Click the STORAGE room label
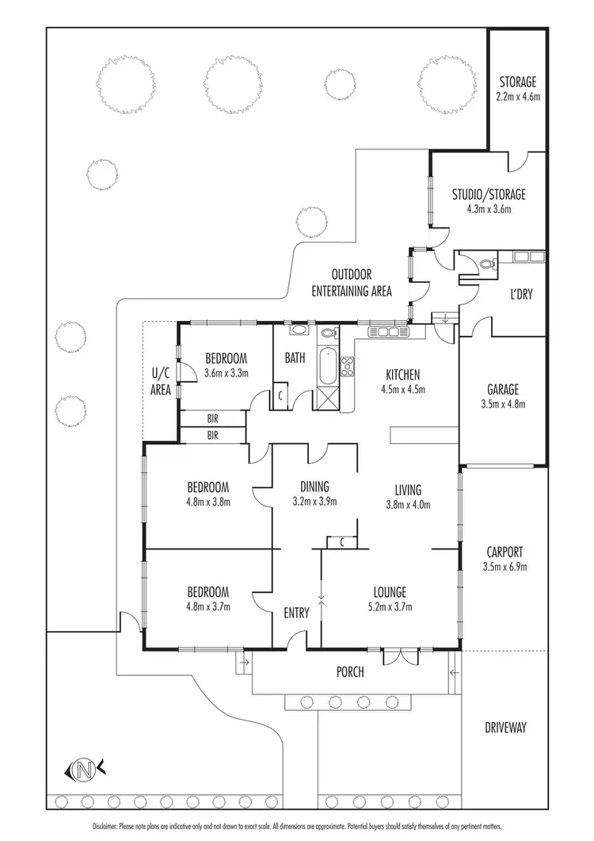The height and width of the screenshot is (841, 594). [x=517, y=82]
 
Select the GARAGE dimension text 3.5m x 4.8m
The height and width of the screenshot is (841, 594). [x=503, y=404]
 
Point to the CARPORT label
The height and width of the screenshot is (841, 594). [x=503, y=552]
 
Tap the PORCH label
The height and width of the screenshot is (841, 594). [x=350, y=672]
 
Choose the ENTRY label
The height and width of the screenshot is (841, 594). [x=296, y=612]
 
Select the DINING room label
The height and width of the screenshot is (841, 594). [x=314, y=487]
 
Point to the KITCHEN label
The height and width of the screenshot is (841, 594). [x=402, y=375]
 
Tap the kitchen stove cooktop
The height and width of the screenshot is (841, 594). [x=347, y=366]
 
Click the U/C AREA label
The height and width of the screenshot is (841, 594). [x=161, y=381]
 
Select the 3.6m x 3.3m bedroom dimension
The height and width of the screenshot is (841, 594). [x=227, y=373]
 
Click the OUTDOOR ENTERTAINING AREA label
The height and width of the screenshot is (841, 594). [x=352, y=283]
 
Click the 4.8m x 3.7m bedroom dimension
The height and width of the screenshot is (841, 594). [x=208, y=607]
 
